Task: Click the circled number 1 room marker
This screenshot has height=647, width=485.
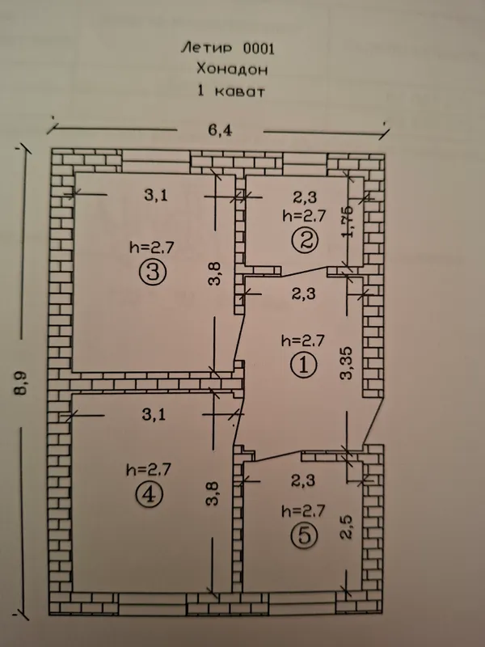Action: click(x=303, y=365)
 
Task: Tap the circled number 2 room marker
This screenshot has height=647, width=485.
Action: click(x=305, y=240)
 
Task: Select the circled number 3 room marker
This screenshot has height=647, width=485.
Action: click(x=153, y=273)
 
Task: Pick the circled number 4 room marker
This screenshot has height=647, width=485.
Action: click(x=149, y=494)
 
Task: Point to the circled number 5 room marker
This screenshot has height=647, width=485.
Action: click(x=304, y=535)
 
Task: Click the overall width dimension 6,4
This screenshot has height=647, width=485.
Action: click(x=220, y=130)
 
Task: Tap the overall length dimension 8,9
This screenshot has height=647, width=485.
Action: click(x=21, y=383)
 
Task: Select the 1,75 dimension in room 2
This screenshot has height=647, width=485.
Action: click(x=347, y=222)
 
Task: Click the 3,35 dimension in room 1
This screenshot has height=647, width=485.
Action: click(x=346, y=363)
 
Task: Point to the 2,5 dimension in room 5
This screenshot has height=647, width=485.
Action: click(x=346, y=527)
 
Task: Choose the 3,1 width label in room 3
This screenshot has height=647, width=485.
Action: click(x=156, y=194)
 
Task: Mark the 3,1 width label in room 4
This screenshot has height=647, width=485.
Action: click(x=154, y=414)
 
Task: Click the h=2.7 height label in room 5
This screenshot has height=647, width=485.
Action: click(x=303, y=511)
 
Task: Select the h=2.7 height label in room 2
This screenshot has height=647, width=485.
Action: click(x=305, y=215)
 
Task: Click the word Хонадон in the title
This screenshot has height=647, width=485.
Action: click(x=232, y=69)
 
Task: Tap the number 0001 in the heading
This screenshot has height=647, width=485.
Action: click(x=259, y=49)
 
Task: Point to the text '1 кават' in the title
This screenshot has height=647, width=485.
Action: click(x=231, y=91)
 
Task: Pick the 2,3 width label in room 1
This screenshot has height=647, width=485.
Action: click(x=304, y=294)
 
